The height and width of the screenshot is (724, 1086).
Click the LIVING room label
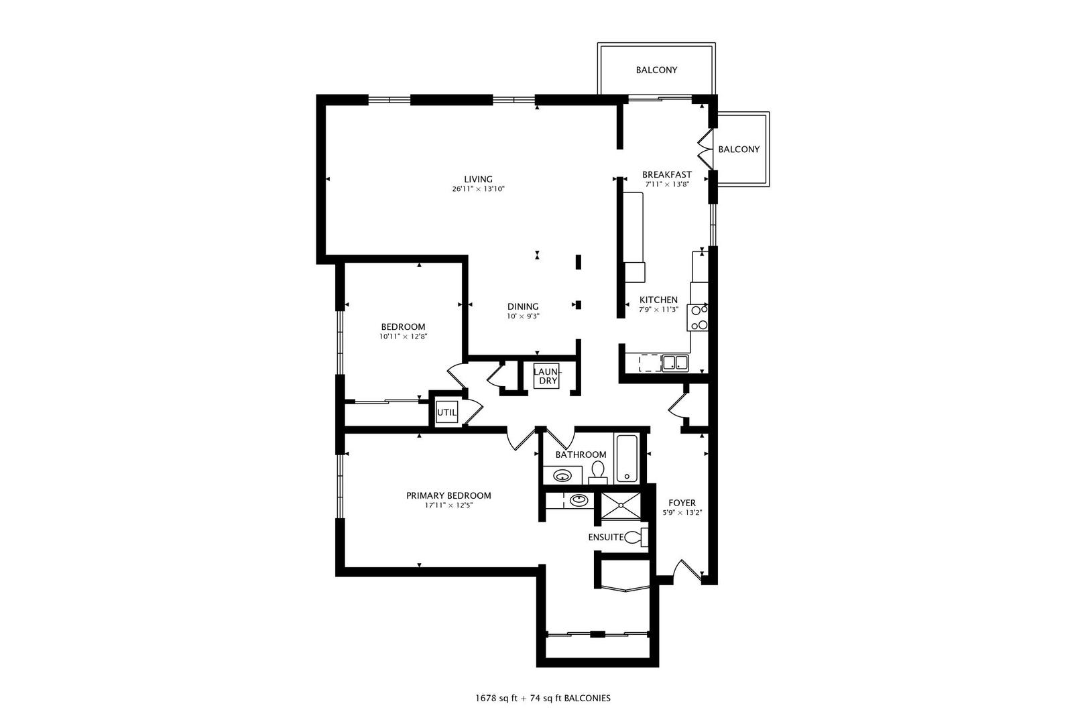tap(478, 179)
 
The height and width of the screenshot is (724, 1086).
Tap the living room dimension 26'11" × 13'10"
tap(478, 189)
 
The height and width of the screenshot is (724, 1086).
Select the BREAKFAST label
tap(666, 174)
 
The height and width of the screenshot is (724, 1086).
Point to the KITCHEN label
tap(658, 300)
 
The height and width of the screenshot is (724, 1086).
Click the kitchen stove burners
tap(699, 318)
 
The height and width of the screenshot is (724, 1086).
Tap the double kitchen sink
tap(675, 363)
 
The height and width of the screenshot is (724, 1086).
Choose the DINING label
tap(523, 306)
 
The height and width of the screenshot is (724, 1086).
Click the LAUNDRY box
tap(546, 376)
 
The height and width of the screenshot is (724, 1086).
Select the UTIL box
tap(446, 413)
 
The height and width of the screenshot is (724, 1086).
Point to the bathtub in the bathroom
tap(627, 459)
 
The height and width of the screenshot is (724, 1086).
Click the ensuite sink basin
tap(578, 500)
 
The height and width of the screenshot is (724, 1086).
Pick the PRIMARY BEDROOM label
tap(448, 495)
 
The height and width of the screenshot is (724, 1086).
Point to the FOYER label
tap(682, 503)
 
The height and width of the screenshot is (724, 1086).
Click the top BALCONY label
tap(656, 70)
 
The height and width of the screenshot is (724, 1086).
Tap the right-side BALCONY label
tap(739, 149)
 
